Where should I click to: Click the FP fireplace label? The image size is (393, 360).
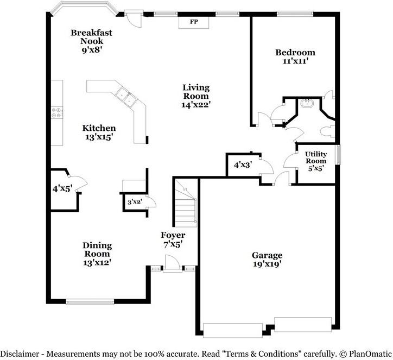[x=194, y=22]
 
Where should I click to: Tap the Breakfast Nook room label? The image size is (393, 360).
[x=92, y=37]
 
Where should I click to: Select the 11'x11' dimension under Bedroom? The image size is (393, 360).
[x=295, y=61]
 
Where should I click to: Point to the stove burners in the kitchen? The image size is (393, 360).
[x=57, y=112]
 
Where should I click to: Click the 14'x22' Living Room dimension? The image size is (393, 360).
[x=196, y=105]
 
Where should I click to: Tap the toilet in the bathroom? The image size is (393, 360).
[x=327, y=131]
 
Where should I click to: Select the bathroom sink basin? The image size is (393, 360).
[x=307, y=103]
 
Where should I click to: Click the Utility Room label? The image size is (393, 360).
[x=316, y=157]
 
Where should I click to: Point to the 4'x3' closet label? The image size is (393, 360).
[x=243, y=165]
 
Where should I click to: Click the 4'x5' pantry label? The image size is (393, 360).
[x=62, y=188]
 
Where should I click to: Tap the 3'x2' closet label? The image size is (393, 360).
[x=135, y=201]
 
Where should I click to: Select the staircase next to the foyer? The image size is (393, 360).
[x=186, y=203]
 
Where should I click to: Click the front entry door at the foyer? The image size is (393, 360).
[x=173, y=264]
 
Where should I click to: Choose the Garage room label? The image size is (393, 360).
[x=267, y=255]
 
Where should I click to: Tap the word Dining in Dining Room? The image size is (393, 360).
[x=97, y=245]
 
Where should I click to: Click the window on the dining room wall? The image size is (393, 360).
[x=90, y=301]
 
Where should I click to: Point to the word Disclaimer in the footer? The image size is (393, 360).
[x=20, y=354]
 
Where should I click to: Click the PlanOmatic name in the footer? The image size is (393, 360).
[x=370, y=354]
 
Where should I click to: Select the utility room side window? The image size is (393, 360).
[x=338, y=155]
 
